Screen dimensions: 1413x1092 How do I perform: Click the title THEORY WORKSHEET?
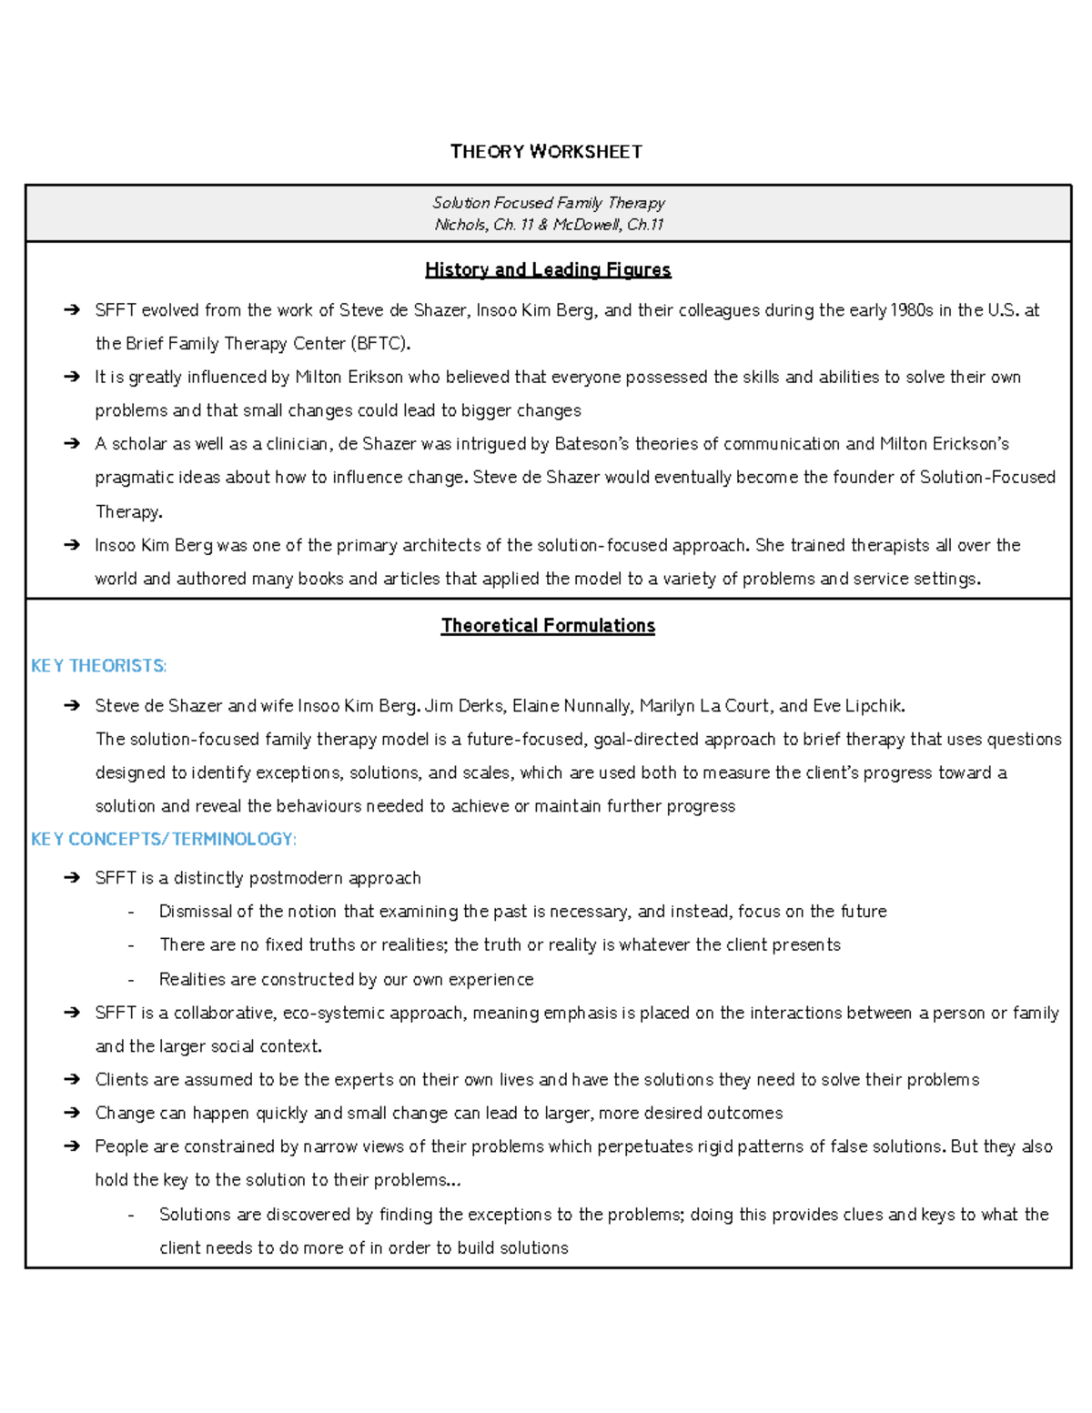click(546, 152)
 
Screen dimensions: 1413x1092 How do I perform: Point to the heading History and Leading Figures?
click(548, 269)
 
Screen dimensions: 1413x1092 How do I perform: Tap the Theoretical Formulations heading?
click(548, 626)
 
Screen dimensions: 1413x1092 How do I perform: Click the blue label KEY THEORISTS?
click(98, 666)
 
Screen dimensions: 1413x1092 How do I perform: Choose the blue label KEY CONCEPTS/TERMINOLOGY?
click(164, 839)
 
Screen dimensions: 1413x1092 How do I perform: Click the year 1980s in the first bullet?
click(911, 310)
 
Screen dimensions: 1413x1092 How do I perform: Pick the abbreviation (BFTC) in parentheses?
click(380, 344)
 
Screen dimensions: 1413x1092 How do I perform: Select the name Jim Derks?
click(463, 706)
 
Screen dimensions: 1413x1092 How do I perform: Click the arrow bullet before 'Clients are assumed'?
click(72, 1080)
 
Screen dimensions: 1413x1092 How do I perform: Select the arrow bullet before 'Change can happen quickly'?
click(72, 1114)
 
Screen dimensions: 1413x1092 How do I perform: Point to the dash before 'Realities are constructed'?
click(132, 980)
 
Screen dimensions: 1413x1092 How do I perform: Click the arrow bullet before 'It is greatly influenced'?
click(72, 378)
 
